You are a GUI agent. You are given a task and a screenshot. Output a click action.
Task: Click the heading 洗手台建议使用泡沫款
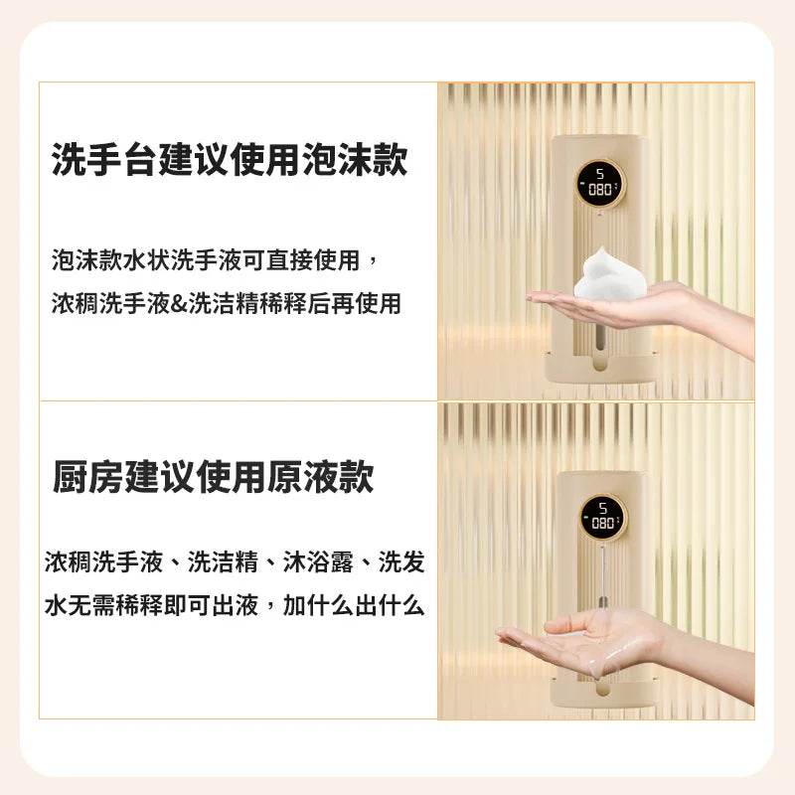click(230, 159)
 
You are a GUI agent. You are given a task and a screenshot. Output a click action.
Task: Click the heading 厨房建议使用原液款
click(213, 478)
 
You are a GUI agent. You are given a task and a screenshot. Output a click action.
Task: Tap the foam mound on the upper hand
click(611, 275)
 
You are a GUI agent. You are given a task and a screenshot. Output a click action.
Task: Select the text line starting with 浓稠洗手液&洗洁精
click(227, 303)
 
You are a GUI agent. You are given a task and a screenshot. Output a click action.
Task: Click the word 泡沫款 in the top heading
click(354, 159)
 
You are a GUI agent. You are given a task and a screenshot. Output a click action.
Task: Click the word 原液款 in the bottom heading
click(320, 478)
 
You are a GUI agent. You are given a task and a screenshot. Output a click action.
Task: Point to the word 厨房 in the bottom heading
click(87, 478)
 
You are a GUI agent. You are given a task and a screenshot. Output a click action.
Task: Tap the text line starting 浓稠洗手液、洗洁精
click(235, 563)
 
